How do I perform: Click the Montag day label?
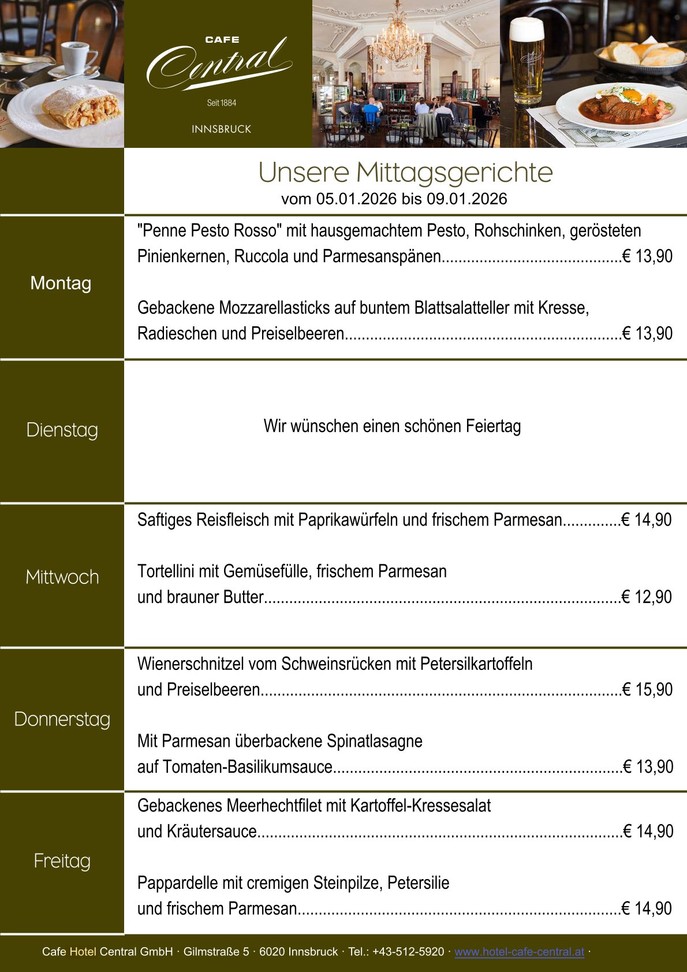coord(61,283)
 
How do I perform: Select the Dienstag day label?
coord(62,430)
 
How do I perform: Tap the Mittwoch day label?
coord(62,577)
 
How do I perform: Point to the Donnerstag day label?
coord(62,719)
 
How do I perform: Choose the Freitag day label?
coord(62,861)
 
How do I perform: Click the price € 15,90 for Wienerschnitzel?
coord(648,690)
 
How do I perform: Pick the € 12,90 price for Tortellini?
coord(647,597)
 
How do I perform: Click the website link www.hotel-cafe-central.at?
coord(519,952)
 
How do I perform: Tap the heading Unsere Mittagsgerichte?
coord(405,172)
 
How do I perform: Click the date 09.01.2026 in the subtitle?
coord(466,199)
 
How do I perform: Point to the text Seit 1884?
coord(222,103)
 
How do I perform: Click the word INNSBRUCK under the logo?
coord(222,129)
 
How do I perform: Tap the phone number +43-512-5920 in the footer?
coord(408,952)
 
